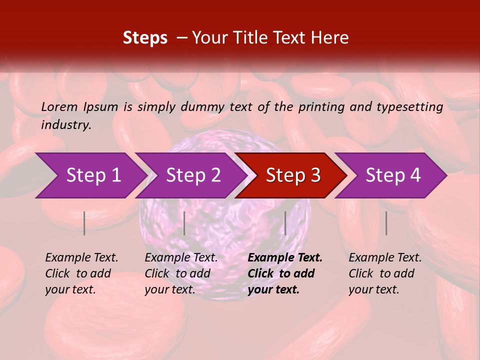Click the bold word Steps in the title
pos(145,38)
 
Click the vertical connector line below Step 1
pos(84,223)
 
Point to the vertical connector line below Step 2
pos(184,223)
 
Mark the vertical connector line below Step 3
pos(285,223)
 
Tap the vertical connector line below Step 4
pos(386,223)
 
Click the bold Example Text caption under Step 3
pos(284,273)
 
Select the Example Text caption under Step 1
pos(81,273)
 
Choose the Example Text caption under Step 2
pos(181,273)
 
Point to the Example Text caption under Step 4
pos(385,273)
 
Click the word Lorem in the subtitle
pos(59,106)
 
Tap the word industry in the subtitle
pos(65,125)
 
